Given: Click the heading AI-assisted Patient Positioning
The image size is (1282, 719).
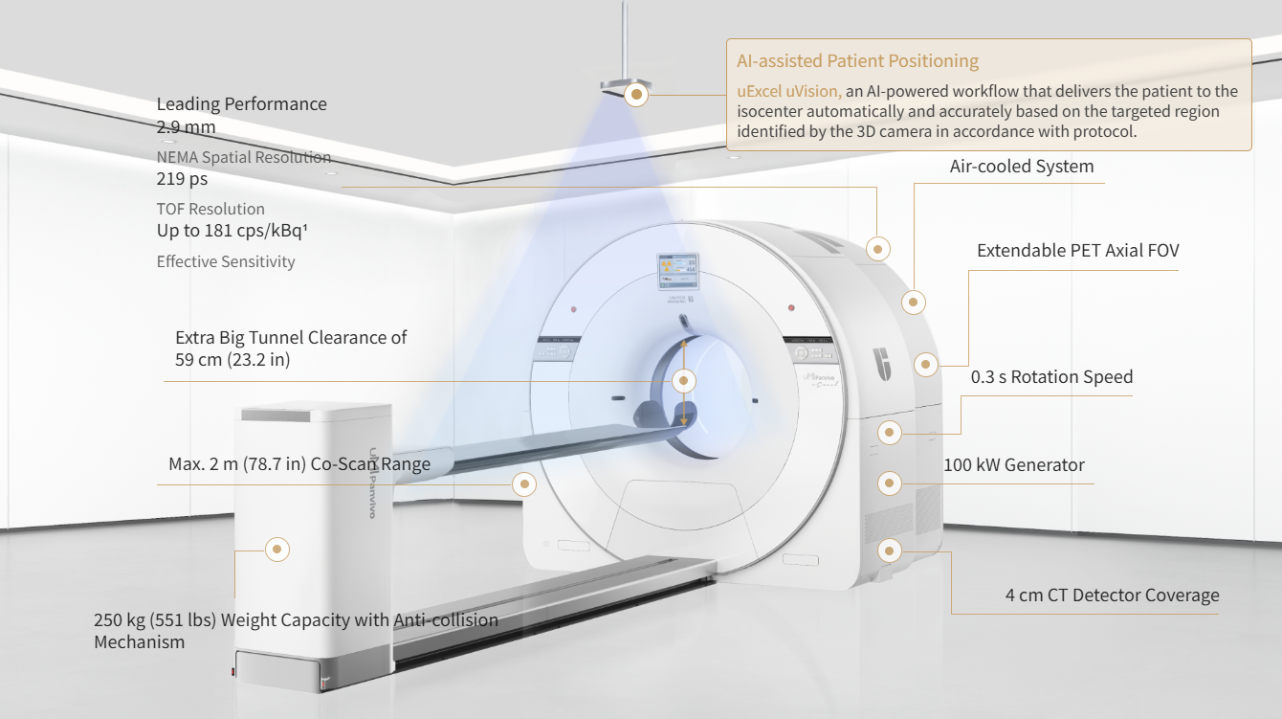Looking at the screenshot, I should (x=857, y=61).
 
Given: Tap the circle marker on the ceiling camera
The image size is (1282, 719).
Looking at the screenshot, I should (x=636, y=94).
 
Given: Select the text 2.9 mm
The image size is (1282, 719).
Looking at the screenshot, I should (x=186, y=126).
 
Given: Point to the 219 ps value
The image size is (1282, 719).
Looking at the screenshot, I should (x=182, y=178).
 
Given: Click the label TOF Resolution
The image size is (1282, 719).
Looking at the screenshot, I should (x=210, y=209).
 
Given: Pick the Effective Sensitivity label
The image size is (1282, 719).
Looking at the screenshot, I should (x=226, y=261).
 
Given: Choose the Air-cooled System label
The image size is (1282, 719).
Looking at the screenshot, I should (x=1021, y=167).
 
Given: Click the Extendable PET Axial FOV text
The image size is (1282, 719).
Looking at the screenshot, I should (x=1077, y=251).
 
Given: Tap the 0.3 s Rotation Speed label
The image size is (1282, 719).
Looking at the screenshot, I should (x=1051, y=377).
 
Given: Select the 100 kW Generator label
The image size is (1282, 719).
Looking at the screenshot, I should (x=1014, y=465).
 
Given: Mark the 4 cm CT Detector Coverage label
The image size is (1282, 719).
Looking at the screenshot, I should (x=1112, y=595).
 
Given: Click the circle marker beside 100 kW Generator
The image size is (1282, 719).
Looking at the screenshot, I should (x=890, y=483).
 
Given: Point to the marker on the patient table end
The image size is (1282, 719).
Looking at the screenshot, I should (x=276, y=549).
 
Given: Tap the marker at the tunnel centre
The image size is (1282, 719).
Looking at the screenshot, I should (x=683, y=380).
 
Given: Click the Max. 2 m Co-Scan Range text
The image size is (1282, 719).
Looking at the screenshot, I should (x=299, y=464).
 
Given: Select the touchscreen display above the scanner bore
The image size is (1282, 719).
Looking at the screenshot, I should (x=678, y=271).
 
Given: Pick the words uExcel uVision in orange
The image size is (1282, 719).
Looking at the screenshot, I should (x=789, y=92).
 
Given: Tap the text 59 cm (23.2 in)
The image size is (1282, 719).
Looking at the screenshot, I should (x=232, y=360).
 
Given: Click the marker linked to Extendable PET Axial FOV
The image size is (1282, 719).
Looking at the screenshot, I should (x=925, y=365).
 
